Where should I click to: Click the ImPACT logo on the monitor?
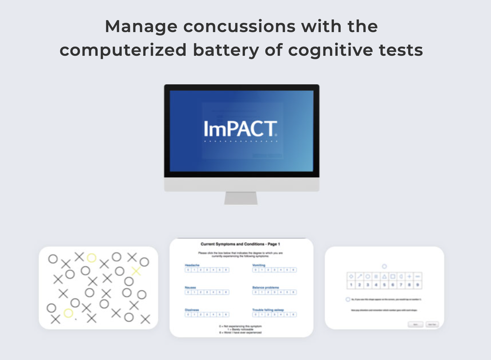(x=241, y=129)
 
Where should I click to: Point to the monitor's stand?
(x=241, y=197)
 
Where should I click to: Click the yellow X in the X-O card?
(x=136, y=271)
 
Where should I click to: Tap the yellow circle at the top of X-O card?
(x=91, y=258)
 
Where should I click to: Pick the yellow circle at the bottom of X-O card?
(x=68, y=313)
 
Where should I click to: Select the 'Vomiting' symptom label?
(x=260, y=265)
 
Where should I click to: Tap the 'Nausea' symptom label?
(x=191, y=287)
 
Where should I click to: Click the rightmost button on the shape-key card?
(x=432, y=325)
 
